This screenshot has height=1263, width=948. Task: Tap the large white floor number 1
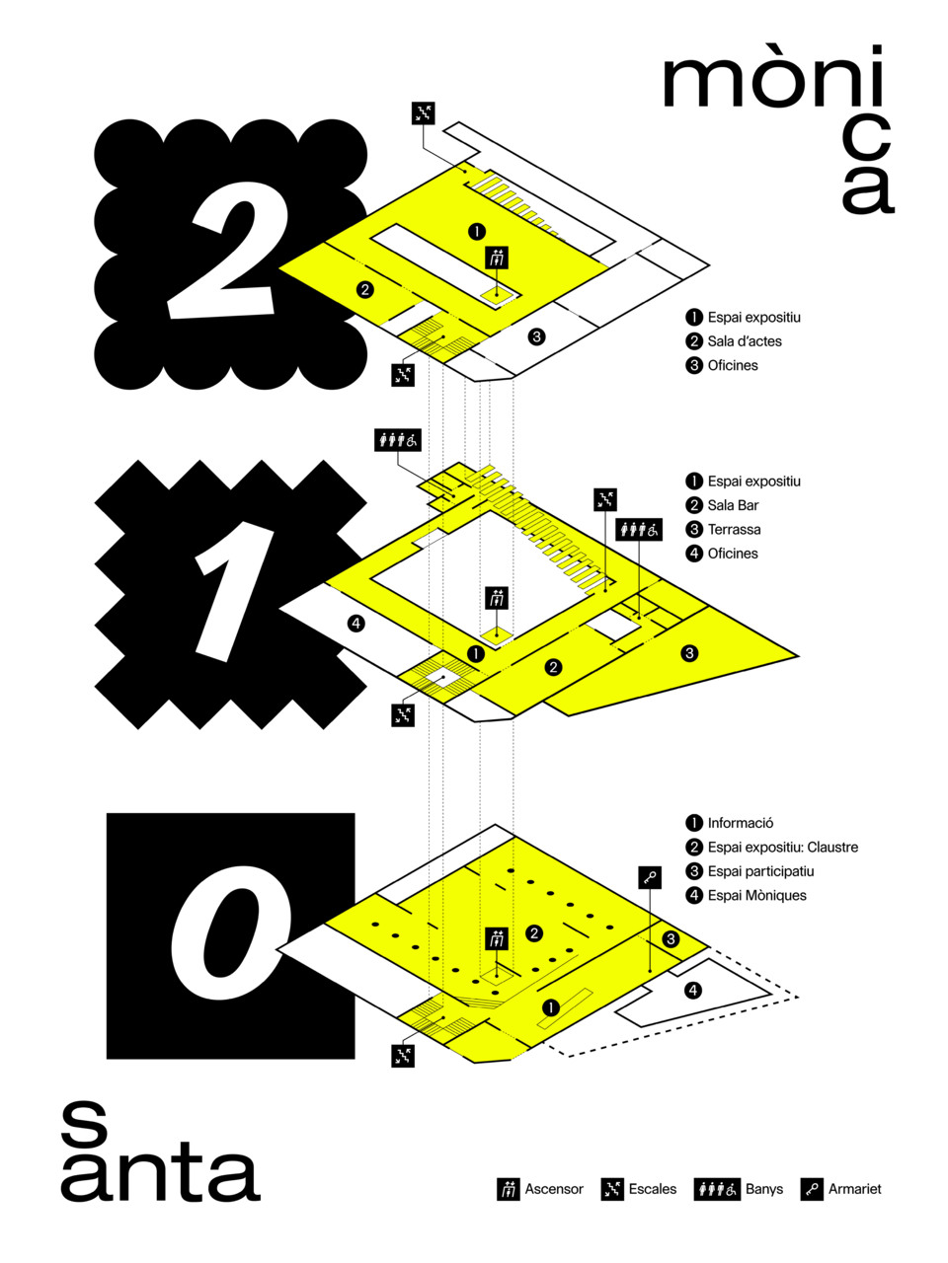[x=230, y=593]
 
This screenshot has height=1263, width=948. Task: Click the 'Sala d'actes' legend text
[x=745, y=341]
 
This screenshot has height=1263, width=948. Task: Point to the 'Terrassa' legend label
[x=734, y=529]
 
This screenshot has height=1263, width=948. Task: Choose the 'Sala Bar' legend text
[x=733, y=505]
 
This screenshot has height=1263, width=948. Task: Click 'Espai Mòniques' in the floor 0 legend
[x=756, y=895]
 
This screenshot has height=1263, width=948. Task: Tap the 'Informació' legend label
[x=741, y=823]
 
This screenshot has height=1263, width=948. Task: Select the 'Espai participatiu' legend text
[x=761, y=871]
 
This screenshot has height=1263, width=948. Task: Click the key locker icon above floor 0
[x=650, y=877]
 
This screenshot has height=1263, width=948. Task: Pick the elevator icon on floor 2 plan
[x=497, y=258]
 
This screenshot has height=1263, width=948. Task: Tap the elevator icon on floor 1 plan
[x=497, y=598]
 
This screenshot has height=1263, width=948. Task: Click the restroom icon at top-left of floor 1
[x=398, y=440]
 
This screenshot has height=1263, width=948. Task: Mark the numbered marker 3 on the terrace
[x=689, y=653]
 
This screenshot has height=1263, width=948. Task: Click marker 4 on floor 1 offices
[x=356, y=623]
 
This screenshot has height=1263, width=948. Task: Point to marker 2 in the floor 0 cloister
[x=534, y=932]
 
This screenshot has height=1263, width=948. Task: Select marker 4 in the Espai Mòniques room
[x=693, y=991]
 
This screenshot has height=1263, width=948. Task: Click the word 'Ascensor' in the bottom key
[x=554, y=1189]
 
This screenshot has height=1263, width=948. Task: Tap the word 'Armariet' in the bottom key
[x=855, y=1189]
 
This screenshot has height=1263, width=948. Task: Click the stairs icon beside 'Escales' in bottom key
[x=612, y=1189]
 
